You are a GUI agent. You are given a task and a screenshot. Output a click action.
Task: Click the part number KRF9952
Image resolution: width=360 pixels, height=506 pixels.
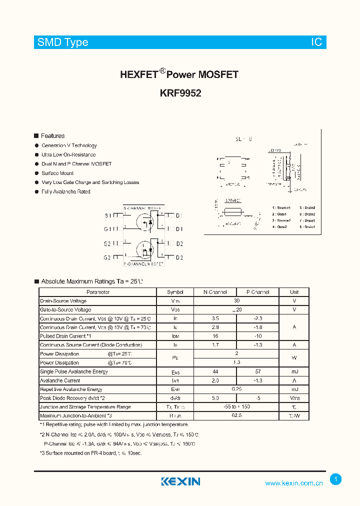coord(180,92)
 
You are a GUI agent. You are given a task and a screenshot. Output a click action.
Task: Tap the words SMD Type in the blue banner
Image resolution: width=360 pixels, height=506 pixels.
coord(63,42)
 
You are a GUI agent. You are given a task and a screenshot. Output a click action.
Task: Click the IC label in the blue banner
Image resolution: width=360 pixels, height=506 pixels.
coord(316,42)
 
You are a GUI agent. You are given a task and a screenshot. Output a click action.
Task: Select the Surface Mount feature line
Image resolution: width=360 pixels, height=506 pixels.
coord(57,173)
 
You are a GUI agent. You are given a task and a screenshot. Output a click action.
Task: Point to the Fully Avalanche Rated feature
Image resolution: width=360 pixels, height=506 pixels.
coord(65,192)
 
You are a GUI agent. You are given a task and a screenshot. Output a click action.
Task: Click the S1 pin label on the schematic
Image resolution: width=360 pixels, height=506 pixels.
coord(107,215)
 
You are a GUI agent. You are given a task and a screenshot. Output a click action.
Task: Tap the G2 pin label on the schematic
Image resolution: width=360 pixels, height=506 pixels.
coord(107,257)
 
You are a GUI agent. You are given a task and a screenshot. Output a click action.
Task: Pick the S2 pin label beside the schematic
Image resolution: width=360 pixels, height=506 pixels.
coord(107,243)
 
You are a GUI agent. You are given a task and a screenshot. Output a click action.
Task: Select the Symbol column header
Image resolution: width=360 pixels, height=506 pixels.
coord(175,292)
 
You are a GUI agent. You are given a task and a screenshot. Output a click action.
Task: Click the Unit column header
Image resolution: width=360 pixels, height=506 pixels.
coord(294,292)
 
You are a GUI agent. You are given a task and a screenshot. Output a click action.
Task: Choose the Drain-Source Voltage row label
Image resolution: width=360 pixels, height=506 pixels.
coord(63,301)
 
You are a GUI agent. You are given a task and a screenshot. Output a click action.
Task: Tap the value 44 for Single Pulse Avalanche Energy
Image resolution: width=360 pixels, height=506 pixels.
coord(215,371)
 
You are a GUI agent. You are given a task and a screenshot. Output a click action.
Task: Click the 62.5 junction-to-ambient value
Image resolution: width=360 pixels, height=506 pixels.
coord(236,415)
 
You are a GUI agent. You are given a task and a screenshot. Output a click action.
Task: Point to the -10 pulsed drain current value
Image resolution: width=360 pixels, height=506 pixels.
coord(258,336)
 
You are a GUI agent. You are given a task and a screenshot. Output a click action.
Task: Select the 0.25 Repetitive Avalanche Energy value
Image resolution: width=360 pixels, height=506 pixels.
coord(236,389)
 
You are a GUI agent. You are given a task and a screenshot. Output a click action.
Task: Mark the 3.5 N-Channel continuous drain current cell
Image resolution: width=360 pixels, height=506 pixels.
coord(215,318)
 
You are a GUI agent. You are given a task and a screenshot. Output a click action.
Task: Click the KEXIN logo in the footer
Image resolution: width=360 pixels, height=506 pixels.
coord(180,481)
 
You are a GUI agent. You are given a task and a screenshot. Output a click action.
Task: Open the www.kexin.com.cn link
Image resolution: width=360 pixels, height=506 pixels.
coord(294,483)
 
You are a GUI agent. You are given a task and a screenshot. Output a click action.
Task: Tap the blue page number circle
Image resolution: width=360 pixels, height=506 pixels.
coord(336,479)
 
